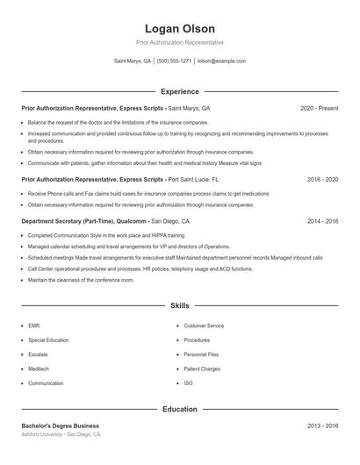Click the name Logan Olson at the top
[179, 29]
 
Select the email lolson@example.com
[221, 61]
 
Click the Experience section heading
[179, 91]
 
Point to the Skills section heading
[179, 305]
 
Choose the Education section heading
[179, 409]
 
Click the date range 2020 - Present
[319, 108]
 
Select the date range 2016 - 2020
[322, 179]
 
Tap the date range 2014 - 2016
[322, 221]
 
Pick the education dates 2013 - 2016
[322, 426]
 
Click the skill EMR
[33, 325]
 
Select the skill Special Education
[47, 340]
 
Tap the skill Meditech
[40, 368]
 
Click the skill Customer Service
[204, 325]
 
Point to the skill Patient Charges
[202, 368]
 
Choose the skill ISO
[188, 383]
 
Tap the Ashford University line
[61, 434]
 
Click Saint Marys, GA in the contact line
[132, 61]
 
